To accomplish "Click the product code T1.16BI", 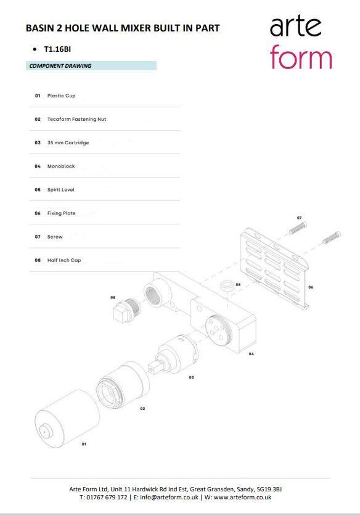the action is click(57, 49).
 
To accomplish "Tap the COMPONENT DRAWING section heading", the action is click(60, 66).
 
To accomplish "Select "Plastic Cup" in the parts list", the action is click(61, 96).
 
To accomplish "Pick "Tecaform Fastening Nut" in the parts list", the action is click(76, 119).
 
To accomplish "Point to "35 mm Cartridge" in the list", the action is click(68, 143).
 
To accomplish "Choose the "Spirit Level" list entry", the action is click(61, 190).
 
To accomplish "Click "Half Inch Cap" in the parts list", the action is click(64, 260).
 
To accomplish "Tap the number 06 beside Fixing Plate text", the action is click(38, 213).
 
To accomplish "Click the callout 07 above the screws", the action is click(299, 218).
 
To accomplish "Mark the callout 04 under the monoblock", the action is click(252, 354).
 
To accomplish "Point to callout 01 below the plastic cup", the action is click(84, 444).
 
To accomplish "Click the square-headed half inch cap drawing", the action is click(126, 308).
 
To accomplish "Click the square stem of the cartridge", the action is click(153, 366).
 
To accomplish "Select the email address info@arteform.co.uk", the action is click(169, 498).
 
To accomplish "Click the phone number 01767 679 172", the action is click(107, 498).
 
